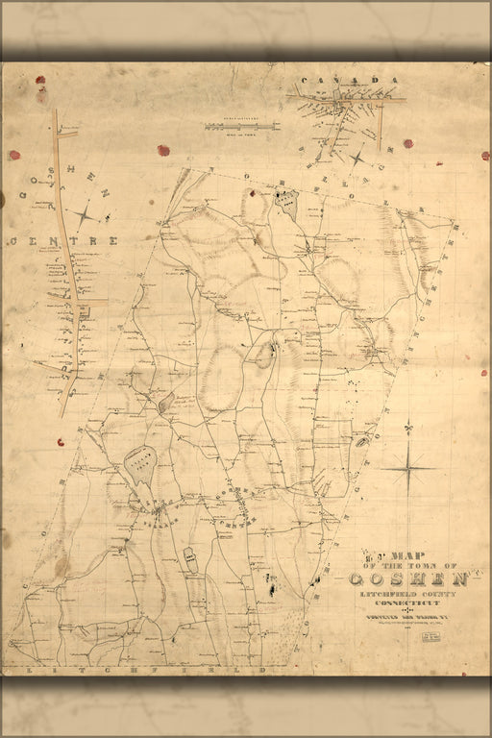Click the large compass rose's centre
click(x=408, y=468)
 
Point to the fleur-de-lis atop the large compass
click(x=408, y=426)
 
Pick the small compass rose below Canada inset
click(x=357, y=157)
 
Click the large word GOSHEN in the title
click(x=407, y=578)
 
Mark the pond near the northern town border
click(x=285, y=202)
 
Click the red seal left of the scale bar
click(x=163, y=150)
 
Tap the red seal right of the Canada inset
click(x=407, y=143)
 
